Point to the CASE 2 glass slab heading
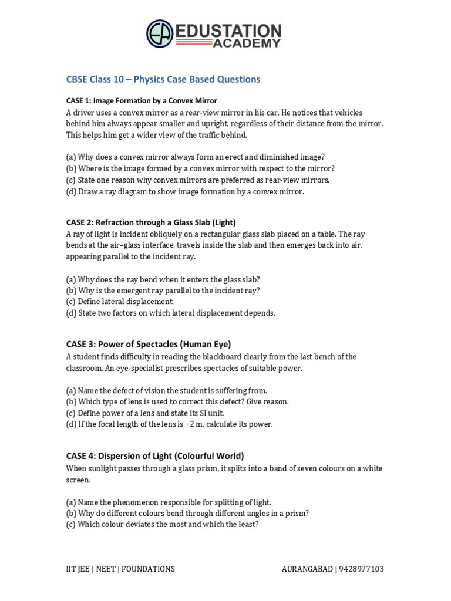[x=150, y=222]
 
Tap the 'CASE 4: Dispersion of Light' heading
[x=155, y=455]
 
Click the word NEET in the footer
[x=110, y=569]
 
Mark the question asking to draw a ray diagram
[x=185, y=191]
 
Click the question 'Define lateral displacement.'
[x=120, y=302]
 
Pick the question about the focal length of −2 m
[x=169, y=424]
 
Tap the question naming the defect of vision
[x=166, y=390]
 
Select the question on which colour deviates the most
[x=162, y=524]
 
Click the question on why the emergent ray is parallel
[x=163, y=291]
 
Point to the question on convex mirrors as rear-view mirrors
[x=198, y=180]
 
